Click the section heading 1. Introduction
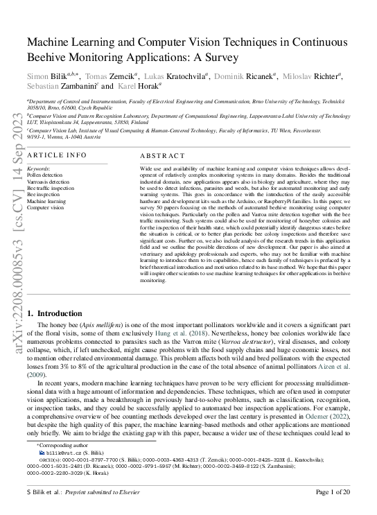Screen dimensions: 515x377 [x=58, y=313]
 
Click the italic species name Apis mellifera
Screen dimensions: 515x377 [x=98, y=324]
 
